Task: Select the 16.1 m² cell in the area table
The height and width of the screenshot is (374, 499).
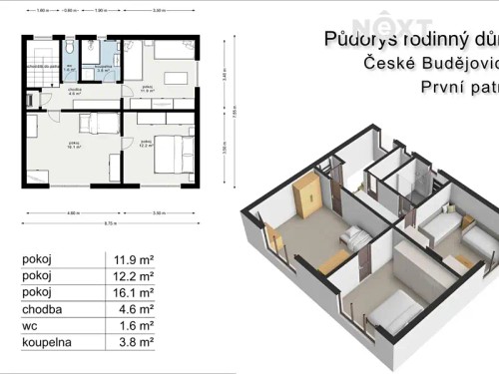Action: [132, 293]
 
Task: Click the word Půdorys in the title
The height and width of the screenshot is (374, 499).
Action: [355, 40]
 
